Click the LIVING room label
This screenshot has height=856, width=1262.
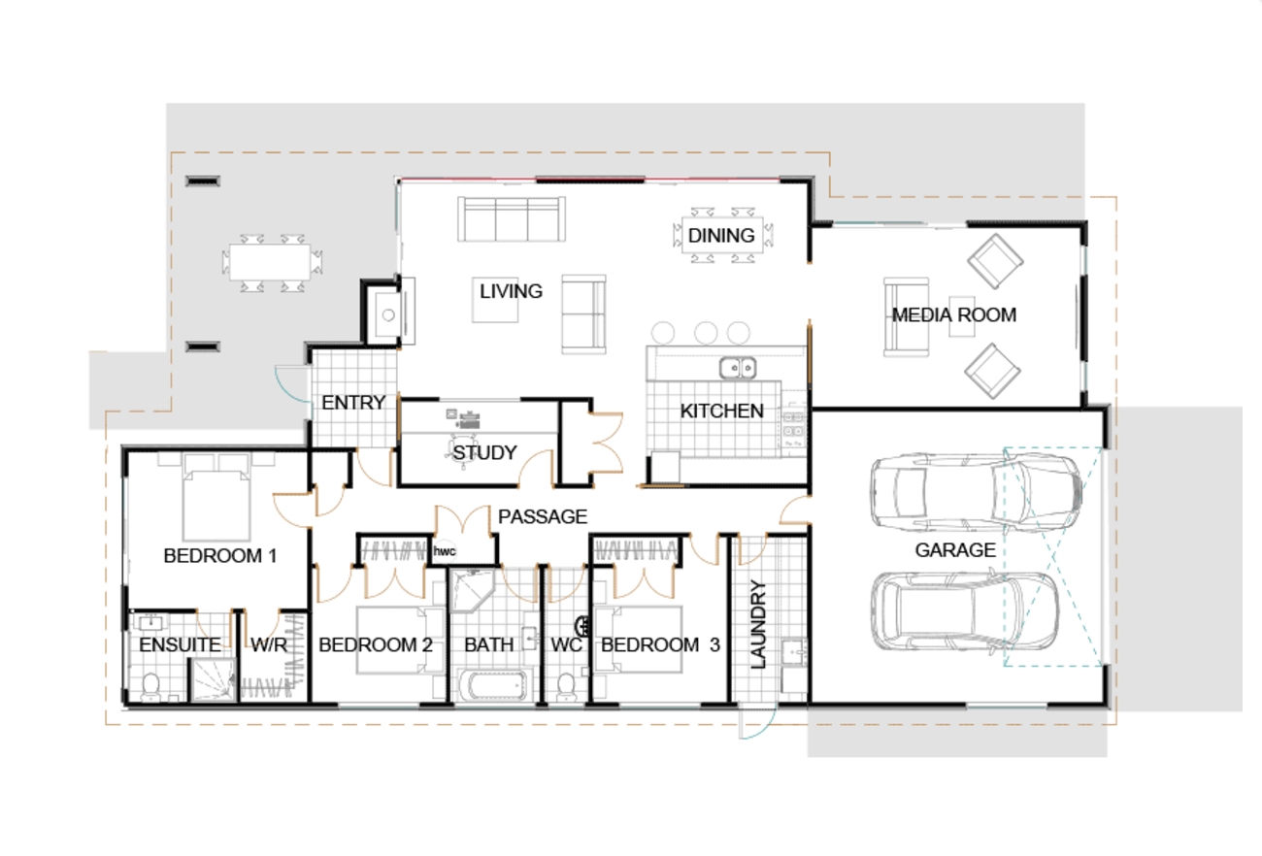(x=511, y=291)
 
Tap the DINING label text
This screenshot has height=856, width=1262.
(x=721, y=235)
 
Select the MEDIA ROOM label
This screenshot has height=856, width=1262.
(x=953, y=314)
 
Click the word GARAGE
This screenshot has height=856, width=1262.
(x=955, y=550)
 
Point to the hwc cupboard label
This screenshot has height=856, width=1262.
(x=445, y=550)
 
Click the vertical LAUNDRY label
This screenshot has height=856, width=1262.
(x=759, y=624)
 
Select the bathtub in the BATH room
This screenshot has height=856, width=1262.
(x=496, y=685)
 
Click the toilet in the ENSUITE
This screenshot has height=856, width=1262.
(x=150, y=687)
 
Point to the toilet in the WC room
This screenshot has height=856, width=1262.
(x=564, y=686)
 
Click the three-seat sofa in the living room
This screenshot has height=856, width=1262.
(x=513, y=219)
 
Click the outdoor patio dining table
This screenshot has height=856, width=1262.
(x=271, y=262)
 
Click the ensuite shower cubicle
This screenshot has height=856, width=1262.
(x=212, y=680)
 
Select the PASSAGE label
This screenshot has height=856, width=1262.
(x=543, y=517)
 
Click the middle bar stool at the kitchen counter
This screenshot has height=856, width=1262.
(x=706, y=332)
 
